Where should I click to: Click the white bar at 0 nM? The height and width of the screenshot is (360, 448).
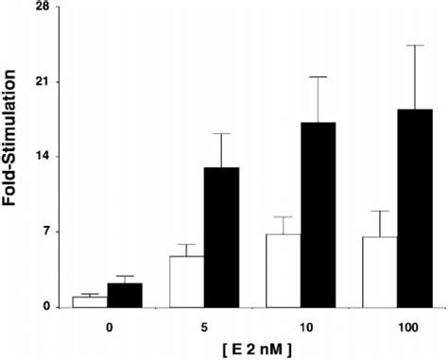coord(91,301)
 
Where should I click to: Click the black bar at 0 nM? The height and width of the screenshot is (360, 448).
coord(126,295)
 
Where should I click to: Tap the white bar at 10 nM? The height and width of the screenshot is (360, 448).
coord(284,270)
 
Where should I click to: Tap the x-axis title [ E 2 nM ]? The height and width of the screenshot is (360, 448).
coord(253,349)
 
